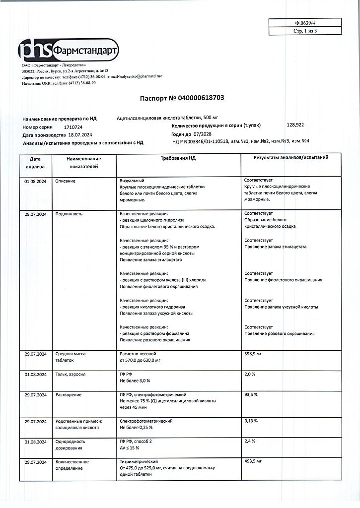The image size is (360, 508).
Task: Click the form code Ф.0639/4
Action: pyautogui.click(x=305, y=23)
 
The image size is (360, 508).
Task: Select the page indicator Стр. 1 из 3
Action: pyautogui.click(x=305, y=31)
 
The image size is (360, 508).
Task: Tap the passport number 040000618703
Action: pyautogui.click(x=197, y=98)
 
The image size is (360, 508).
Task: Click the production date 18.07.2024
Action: pyautogui.click(x=79, y=134)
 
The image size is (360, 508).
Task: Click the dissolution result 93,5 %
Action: pyautogui.click(x=251, y=395)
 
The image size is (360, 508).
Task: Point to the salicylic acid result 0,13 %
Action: pyautogui.click(x=251, y=421)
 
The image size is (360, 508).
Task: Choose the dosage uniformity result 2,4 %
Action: pyautogui.click(x=250, y=441)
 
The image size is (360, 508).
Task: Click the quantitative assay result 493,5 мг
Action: pyautogui.click(x=253, y=461)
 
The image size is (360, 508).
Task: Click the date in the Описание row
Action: pyautogui.click(x=35, y=181)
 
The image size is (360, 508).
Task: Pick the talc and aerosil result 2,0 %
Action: pyautogui.click(x=250, y=375)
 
